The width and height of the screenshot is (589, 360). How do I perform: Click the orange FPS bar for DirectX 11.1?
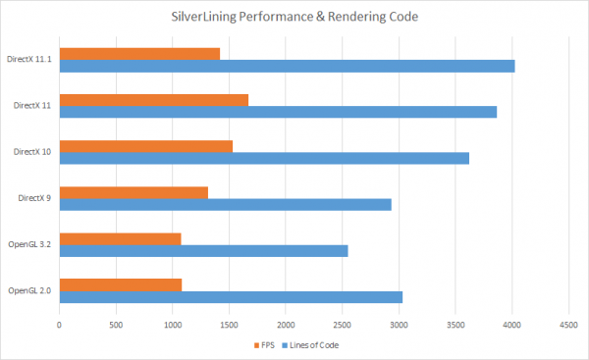coord(139,53)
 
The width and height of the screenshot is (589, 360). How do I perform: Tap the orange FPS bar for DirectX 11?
coord(153,99)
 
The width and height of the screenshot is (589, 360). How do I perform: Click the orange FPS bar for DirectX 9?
coord(134,192)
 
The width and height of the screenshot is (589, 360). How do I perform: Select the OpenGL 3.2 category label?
coord(29,244)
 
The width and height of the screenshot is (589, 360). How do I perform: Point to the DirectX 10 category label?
coord(32,152)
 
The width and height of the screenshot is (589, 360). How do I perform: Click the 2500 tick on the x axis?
coord(342,323)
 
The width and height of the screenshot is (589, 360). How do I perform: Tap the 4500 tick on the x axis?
coord(567,323)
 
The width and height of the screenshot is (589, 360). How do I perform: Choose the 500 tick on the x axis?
coord(116,323)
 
